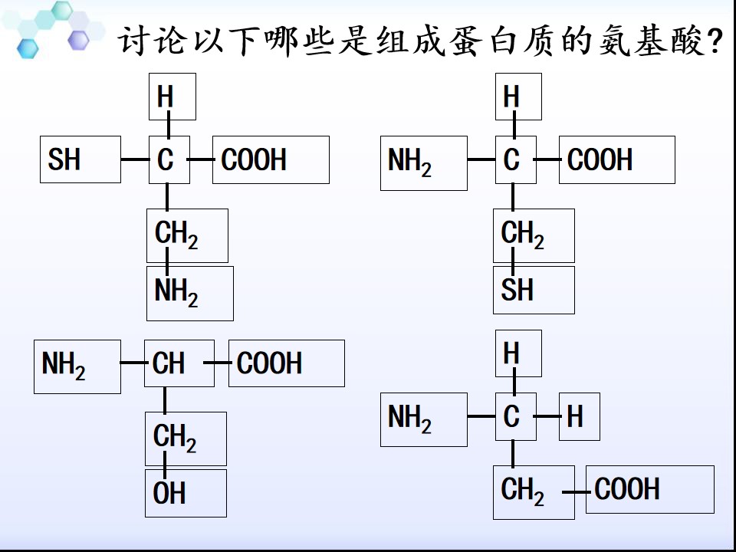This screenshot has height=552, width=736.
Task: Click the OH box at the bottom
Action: [186, 493]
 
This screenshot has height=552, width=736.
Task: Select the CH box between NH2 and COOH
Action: [179, 363]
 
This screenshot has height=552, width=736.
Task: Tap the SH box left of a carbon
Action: [80, 159]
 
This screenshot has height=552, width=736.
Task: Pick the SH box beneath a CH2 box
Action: [534, 290]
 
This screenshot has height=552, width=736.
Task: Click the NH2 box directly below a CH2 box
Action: [190, 294]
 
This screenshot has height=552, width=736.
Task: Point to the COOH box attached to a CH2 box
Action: [650, 490]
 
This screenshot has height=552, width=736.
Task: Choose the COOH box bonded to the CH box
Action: [287, 363]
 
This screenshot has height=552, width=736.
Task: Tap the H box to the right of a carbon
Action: [580, 417]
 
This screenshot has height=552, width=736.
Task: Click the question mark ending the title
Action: [715, 42]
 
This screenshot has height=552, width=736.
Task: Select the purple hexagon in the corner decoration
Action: [78, 40]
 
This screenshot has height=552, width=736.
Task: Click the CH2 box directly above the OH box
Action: [186, 439]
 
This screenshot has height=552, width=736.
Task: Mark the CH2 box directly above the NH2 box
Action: [187, 235]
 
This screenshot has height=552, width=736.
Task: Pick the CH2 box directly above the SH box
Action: [534, 235]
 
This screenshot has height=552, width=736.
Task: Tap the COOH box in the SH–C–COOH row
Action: [271, 159]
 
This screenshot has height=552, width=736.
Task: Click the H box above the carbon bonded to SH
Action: [172, 97]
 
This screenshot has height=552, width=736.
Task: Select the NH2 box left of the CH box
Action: [77, 366]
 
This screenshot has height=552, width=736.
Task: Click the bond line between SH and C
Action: [135, 159]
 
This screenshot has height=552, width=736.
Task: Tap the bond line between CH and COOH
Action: [217, 363]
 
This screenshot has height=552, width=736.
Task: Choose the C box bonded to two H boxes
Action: [516, 417]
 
